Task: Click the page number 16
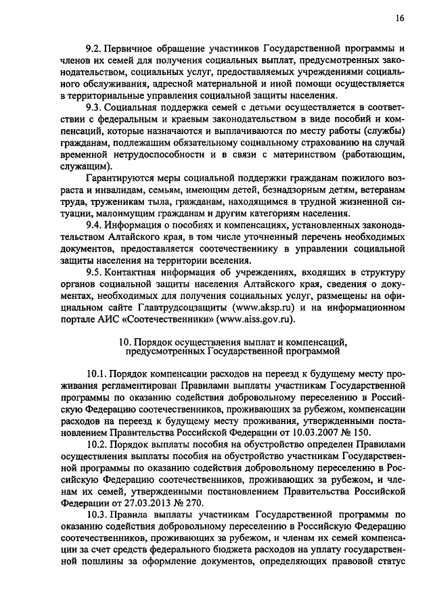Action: pos(401,19)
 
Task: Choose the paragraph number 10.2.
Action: pos(97,445)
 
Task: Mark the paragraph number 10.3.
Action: pos(97,516)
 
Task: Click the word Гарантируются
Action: pos(122,178)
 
